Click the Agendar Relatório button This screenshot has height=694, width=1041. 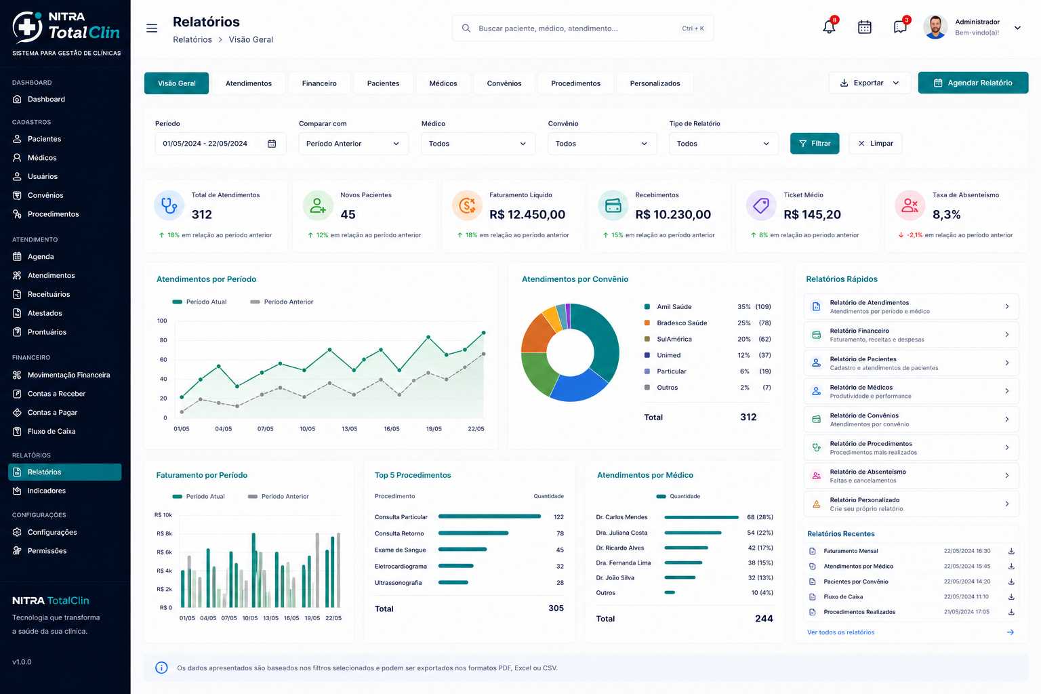coord(973,83)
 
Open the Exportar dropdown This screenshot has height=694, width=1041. coord(869,83)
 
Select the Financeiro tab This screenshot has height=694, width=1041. coord(319,83)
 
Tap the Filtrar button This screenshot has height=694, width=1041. coord(814,143)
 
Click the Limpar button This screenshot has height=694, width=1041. coord(875,143)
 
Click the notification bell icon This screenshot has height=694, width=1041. coord(829,27)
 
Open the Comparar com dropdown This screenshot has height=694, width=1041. coord(353,144)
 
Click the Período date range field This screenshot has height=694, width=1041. coord(220,144)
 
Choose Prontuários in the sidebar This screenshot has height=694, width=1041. coord(47,332)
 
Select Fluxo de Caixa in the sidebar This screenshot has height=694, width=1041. coord(51,431)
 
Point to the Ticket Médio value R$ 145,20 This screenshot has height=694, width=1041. coord(812,214)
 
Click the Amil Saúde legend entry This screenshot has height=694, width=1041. coord(674,307)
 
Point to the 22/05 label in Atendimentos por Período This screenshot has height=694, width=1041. coord(475,428)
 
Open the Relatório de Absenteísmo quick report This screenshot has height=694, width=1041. coord(911,476)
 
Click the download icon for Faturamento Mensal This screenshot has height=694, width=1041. coord(1011,551)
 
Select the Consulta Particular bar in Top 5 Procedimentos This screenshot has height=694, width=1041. coord(489,516)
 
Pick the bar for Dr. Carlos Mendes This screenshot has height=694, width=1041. coord(701,517)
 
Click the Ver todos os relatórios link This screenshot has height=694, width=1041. coord(840,632)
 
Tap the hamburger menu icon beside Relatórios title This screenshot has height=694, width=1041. coord(152,28)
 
